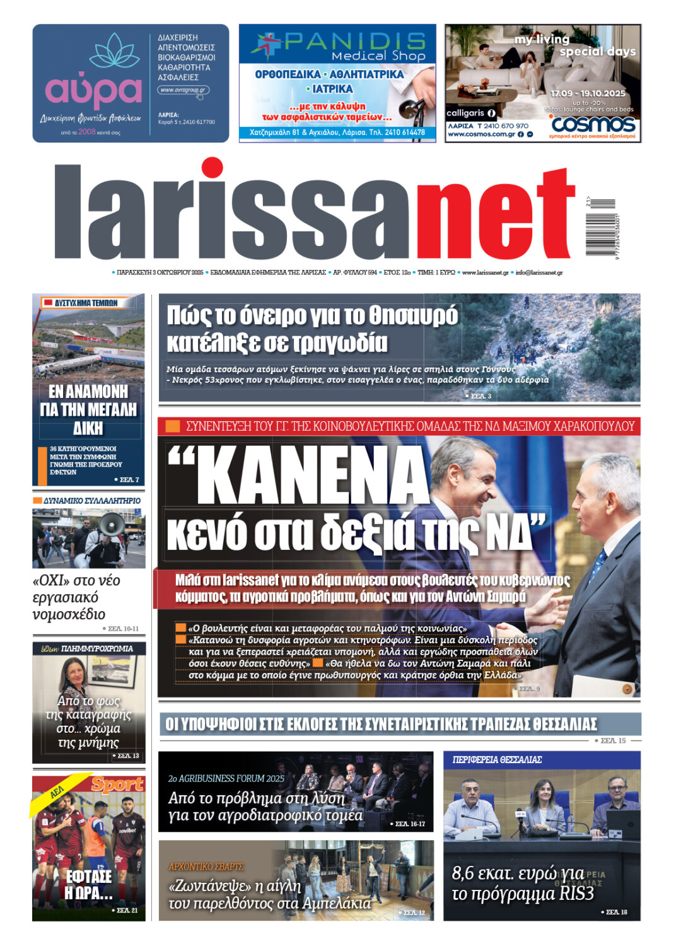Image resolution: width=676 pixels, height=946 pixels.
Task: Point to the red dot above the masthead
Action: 212,168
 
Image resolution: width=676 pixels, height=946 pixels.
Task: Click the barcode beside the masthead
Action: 600,225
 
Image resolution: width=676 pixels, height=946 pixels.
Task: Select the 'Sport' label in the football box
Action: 117,784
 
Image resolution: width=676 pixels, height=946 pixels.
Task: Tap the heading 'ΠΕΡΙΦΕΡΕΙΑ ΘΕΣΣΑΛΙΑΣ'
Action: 497,760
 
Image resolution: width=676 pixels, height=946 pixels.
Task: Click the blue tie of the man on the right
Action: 597,563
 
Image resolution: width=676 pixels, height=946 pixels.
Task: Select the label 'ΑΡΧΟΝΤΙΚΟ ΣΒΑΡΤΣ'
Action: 206,867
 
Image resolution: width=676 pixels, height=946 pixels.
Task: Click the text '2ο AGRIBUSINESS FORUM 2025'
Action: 226,779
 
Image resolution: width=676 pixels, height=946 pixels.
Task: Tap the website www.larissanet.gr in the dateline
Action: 485,272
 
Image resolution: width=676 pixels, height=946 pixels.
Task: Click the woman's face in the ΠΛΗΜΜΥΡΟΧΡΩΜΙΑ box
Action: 74,670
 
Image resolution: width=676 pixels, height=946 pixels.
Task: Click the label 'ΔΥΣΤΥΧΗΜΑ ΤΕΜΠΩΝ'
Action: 86,303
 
